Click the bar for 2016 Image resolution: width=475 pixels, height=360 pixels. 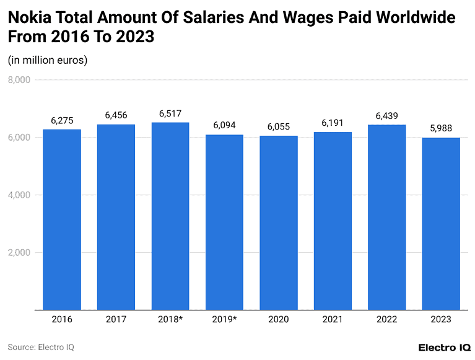coord(62,219)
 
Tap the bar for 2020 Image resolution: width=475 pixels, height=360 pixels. coord(279,222)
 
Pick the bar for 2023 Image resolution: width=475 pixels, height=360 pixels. coord(441,224)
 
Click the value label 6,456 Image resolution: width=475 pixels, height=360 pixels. coord(116,115)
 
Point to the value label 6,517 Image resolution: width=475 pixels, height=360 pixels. coord(170,113)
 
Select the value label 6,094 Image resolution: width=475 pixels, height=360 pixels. coord(224,125)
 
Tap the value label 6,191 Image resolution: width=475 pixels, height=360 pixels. coord(333,123)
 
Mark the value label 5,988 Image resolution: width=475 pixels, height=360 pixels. coord(441,128)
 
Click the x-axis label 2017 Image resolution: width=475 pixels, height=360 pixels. coord(116,320)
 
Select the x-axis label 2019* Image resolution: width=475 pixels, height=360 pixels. coord(224,320)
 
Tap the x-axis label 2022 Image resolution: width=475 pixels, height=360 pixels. coord(387,320)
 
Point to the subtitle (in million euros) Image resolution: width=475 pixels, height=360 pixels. coord(48,60)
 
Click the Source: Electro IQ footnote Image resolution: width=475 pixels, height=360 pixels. coord(41,347)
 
